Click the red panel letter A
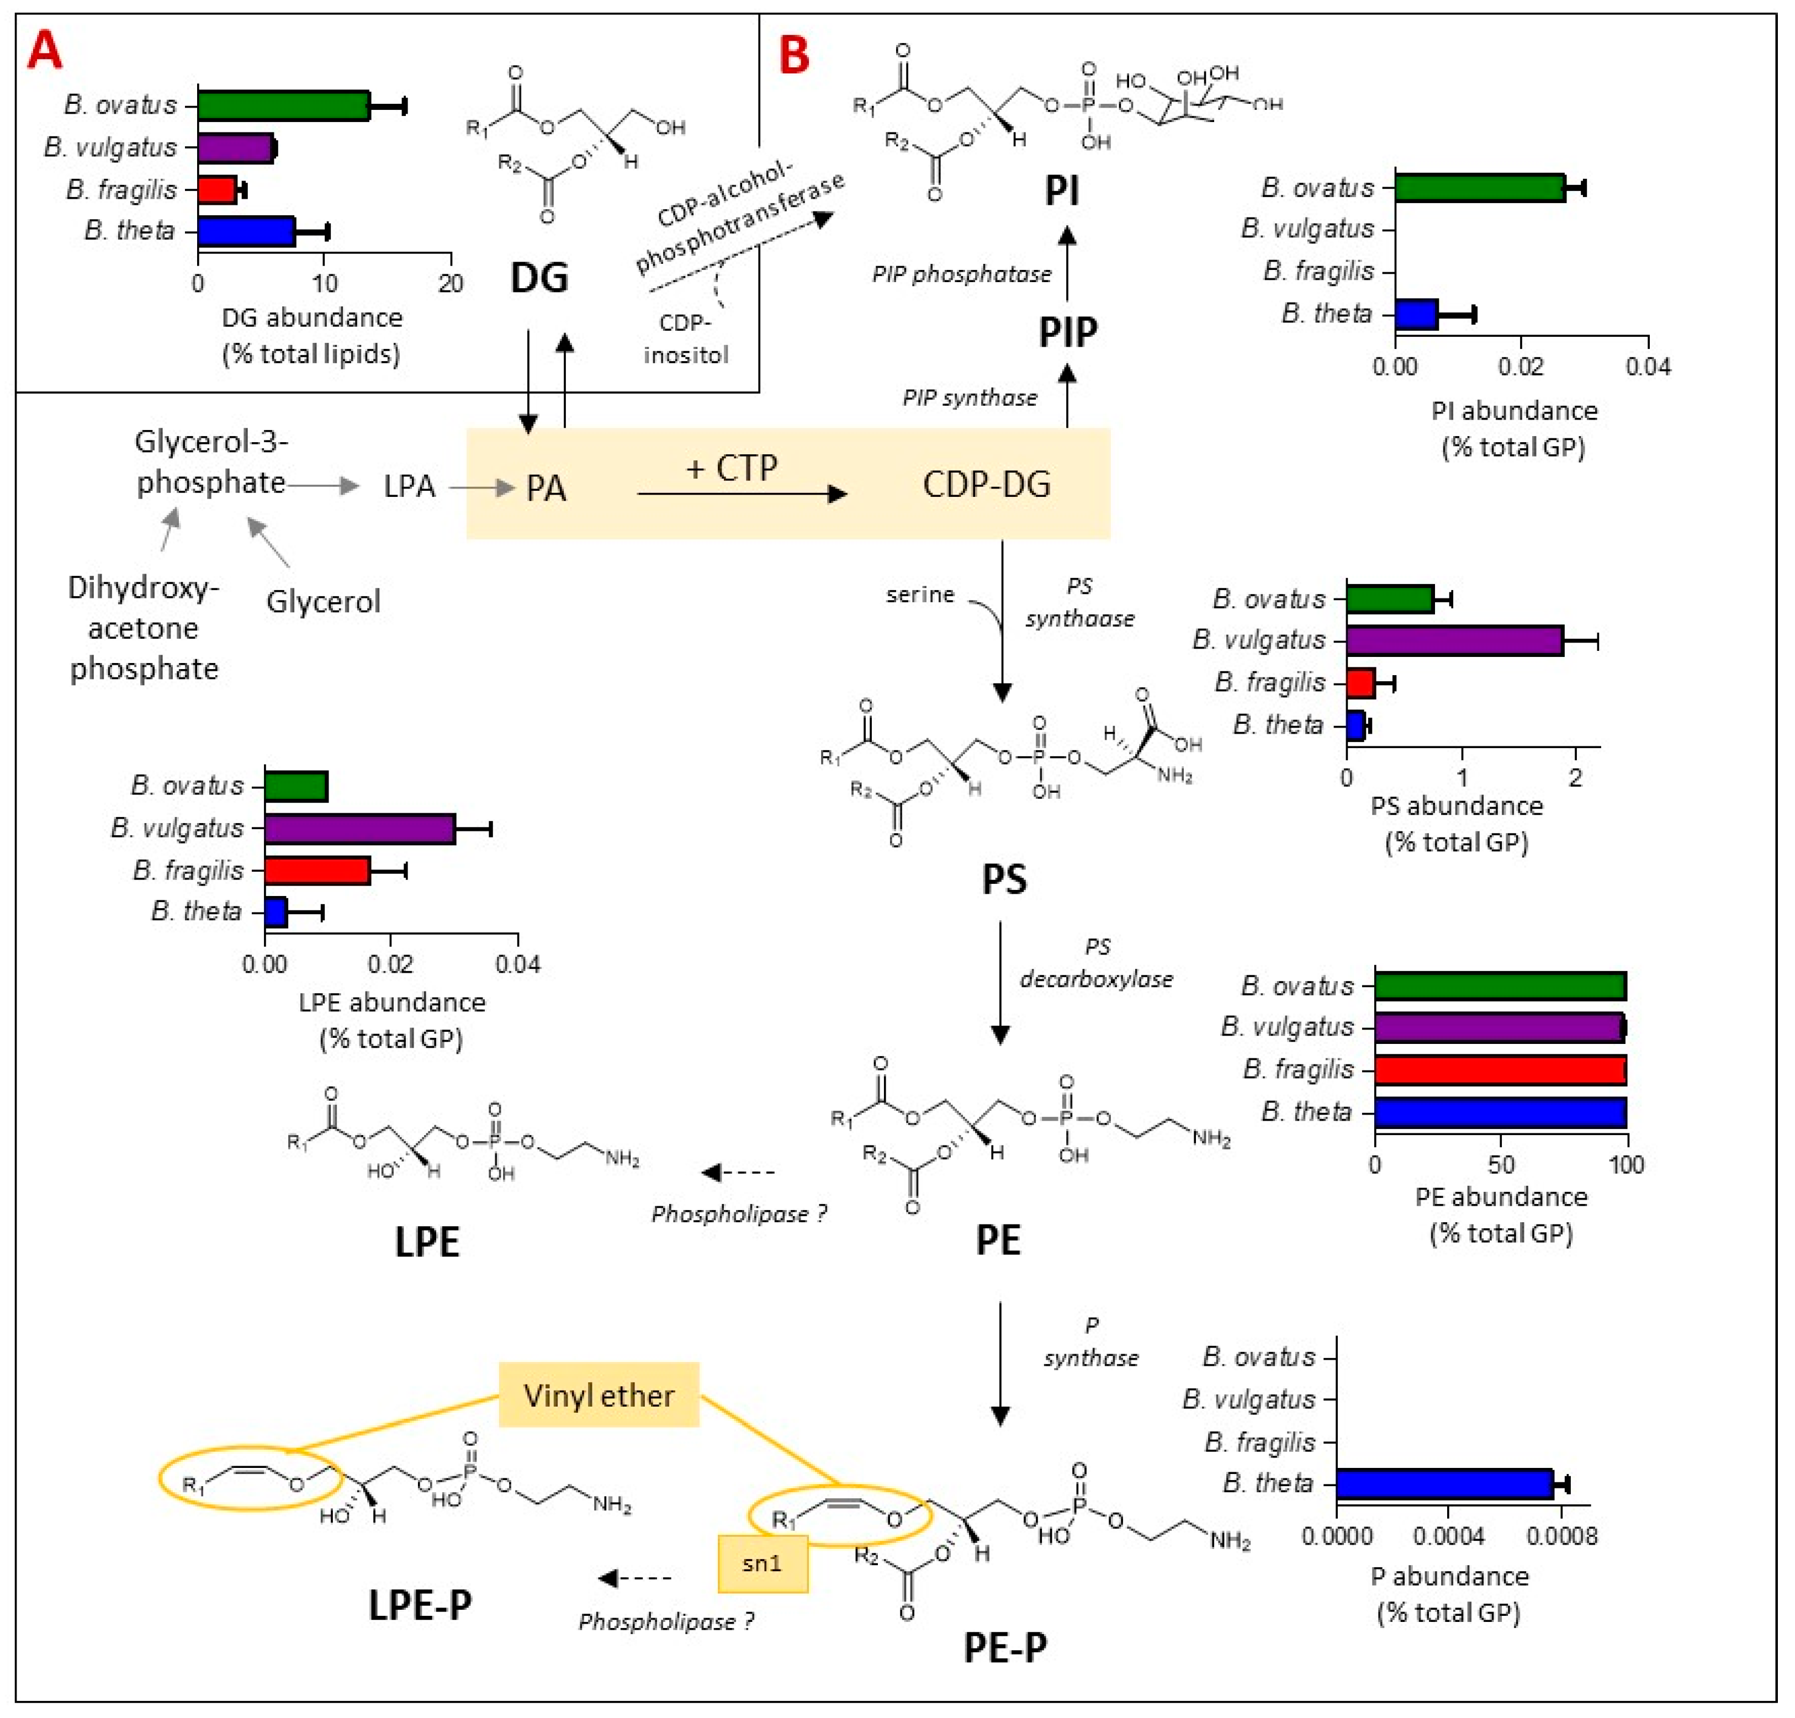44,50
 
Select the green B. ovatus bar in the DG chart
283,105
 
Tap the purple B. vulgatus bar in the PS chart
1454,640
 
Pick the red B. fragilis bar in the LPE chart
317,870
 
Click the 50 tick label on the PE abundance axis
1501,1165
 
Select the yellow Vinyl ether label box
599,1394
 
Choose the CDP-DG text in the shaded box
986,485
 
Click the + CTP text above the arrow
732,468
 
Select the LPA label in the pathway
409,486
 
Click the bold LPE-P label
420,1604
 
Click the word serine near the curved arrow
919,595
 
